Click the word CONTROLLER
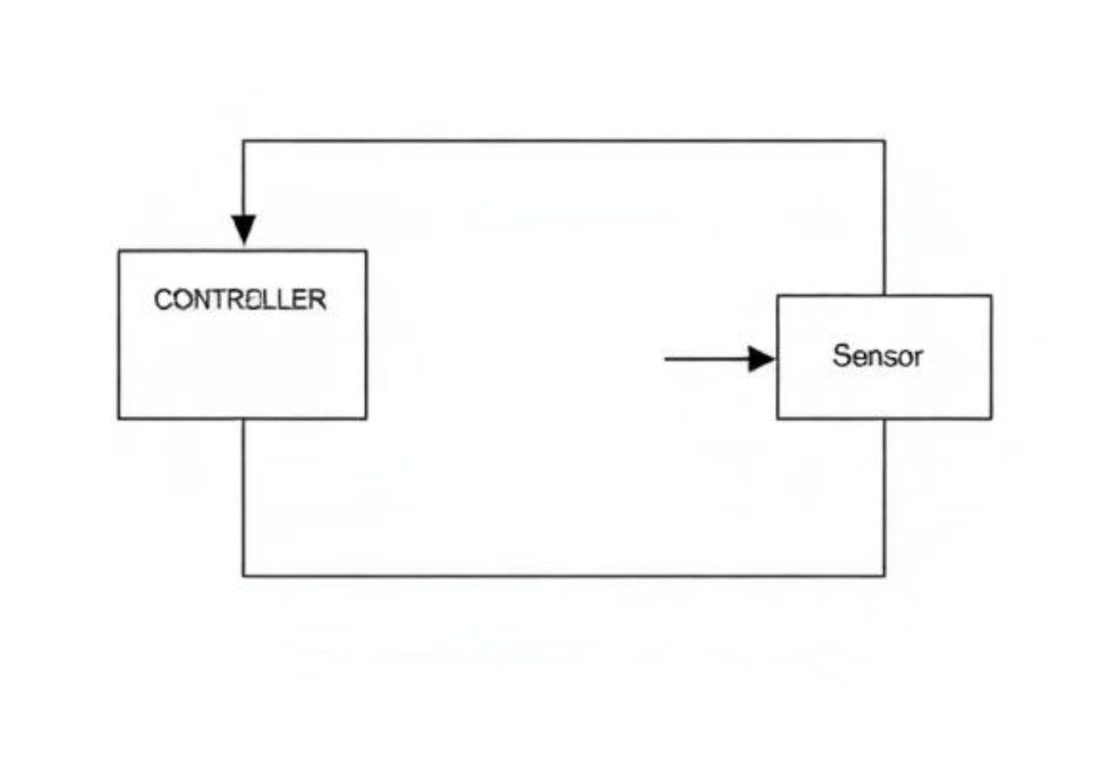tap(240, 300)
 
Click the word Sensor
tap(878, 355)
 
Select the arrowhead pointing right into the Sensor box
tap(761, 359)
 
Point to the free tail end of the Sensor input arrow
tap(666, 359)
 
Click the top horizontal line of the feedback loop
tap(564, 141)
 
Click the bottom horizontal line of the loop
tap(564, 576)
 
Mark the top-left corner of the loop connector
tap(243, 141)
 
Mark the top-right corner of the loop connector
tap(884, 141)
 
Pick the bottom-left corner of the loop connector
tap(243, 576)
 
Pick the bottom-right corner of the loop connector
tap(884, 576)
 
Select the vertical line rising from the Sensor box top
tap(884, 218)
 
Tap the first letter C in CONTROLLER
tap(163, 300)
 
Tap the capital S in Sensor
tap(841, 355)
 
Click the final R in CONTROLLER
tap(318, 300)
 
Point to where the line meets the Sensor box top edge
tap(884, 296)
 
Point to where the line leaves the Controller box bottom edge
tap(243, 418)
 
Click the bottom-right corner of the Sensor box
tap(991, 418)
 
